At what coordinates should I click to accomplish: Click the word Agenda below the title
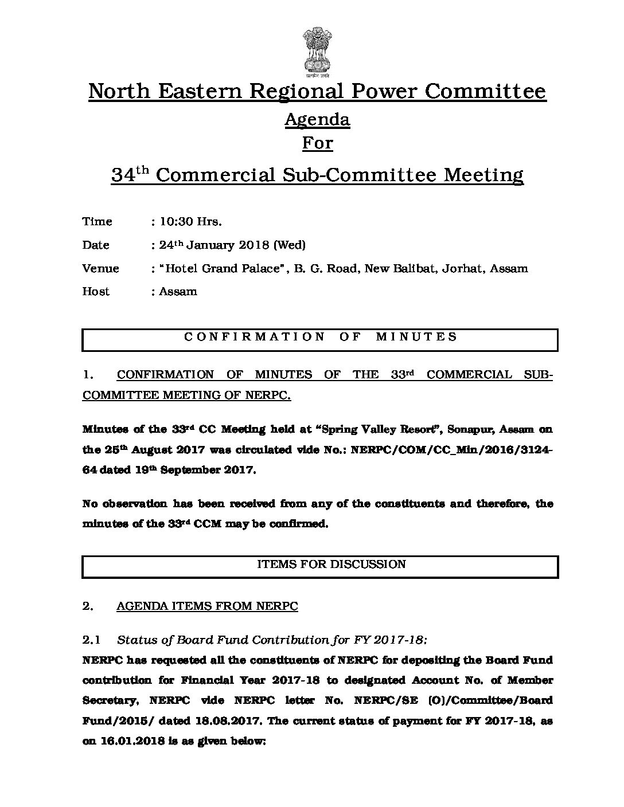click(317, 119)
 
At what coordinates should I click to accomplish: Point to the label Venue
click(100, 268)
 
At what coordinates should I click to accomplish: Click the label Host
click(96, 292)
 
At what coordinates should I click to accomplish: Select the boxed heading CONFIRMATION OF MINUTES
click(320, 337)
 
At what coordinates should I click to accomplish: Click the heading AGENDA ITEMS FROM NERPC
click(207, 606)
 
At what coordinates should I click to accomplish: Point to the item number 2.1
click(91, 640)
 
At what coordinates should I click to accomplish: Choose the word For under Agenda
click(317, 143)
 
